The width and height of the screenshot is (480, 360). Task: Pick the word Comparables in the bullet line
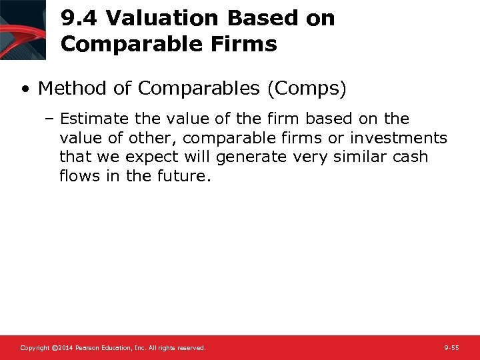pos(187,88)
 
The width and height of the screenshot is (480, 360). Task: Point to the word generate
pos(247,157)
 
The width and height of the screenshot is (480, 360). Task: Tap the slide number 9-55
pos(451,348)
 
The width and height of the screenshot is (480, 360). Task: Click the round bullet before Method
pos(25,89)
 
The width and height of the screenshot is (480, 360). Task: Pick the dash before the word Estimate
pos(51,119)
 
